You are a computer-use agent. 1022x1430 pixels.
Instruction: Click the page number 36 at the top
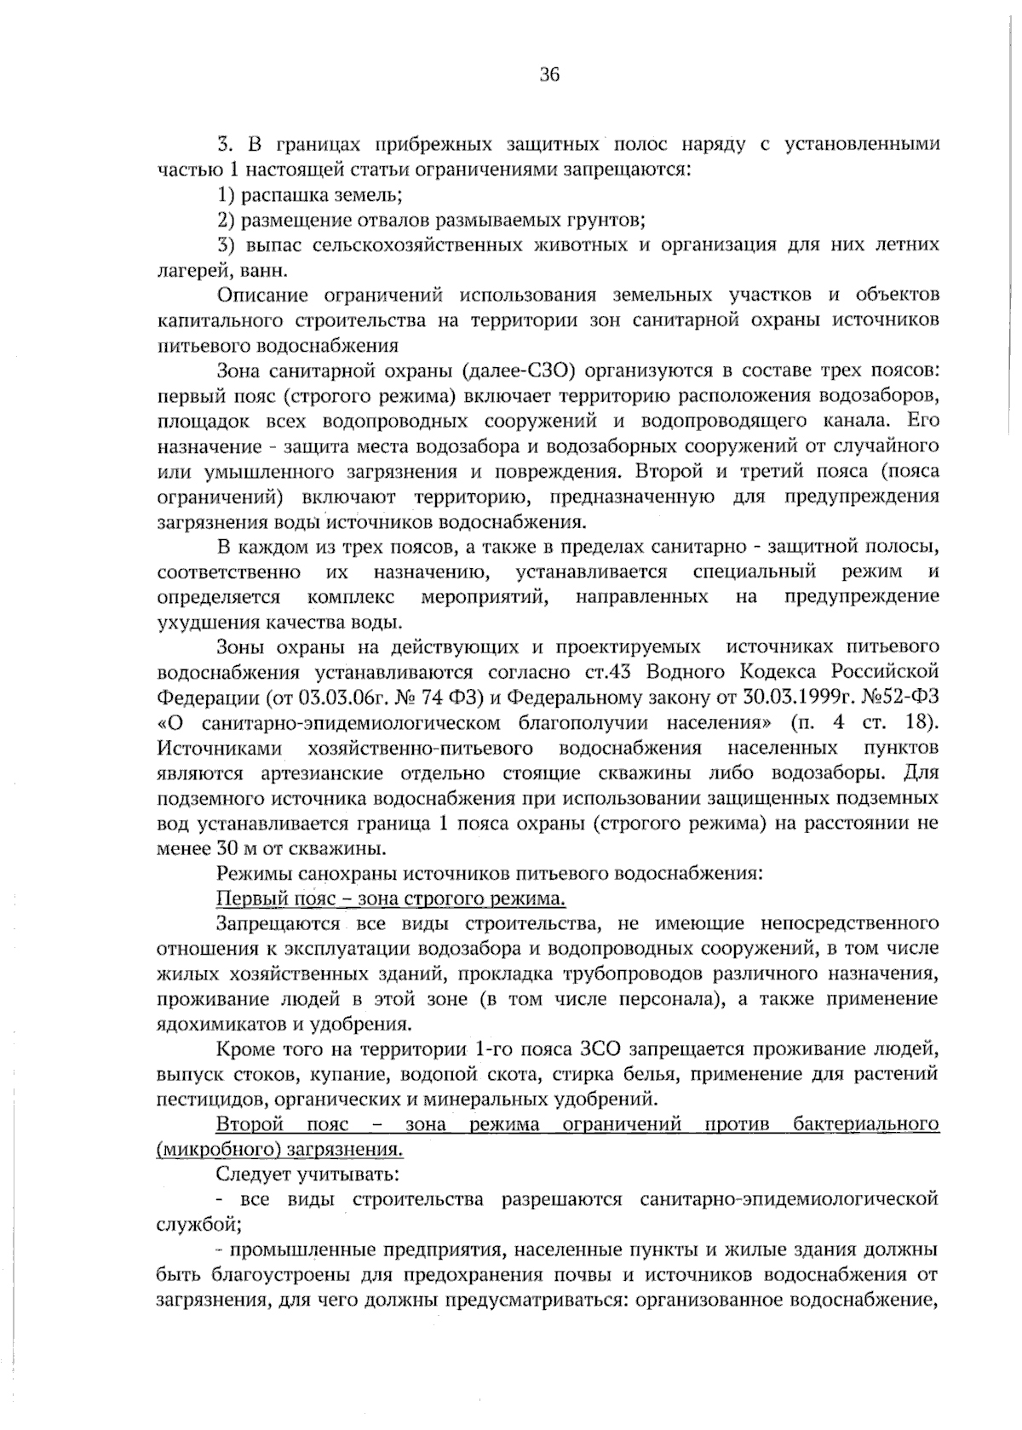click(x=549, y=75)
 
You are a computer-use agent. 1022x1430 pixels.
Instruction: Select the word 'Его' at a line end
click(x=923, y=421)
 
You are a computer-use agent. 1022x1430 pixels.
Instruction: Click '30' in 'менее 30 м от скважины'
click(x=227, y=849)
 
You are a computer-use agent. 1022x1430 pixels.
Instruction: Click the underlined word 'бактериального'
click(x=865, y=1125)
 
